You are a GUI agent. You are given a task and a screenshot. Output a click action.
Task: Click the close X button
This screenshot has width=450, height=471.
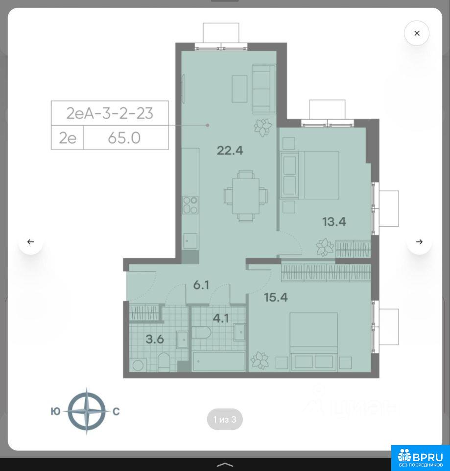[416, 33]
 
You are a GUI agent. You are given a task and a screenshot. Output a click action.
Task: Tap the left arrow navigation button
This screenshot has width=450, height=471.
[30, 241]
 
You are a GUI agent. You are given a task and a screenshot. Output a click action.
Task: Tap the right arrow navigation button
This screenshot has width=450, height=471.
[419, 241]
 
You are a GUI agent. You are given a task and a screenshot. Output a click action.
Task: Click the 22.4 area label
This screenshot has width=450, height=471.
[230, 150]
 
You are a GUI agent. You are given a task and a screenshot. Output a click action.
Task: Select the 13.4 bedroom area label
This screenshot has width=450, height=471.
[334, 222]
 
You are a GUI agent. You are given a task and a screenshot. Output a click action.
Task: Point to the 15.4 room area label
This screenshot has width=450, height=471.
[276, 297]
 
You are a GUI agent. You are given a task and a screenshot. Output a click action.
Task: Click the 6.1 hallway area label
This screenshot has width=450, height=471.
[201, 285]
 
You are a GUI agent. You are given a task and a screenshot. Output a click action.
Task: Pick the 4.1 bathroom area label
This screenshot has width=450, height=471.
[221, 318]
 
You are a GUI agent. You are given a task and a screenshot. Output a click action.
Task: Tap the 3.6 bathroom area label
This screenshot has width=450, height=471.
[155, 339]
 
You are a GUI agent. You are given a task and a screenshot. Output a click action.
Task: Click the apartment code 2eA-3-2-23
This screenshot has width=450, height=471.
[110, 113]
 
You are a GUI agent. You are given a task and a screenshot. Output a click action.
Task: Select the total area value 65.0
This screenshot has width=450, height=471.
[124, 138]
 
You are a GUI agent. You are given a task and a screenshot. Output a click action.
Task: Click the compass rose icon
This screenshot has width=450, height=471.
[87, 411]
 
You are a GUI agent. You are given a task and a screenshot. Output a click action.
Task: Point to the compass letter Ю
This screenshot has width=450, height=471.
[55, 411]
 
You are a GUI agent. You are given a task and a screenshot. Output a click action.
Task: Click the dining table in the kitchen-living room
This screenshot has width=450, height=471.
[245, 196]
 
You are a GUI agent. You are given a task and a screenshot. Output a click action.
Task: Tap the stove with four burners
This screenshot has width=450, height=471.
[190, 205]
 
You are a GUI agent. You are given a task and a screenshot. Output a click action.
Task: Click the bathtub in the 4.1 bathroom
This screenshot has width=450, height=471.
[218, 362]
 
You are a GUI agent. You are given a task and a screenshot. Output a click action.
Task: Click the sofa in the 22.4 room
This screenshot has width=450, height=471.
[264, 89]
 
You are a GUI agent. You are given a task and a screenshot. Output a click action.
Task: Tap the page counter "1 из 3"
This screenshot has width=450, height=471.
[225, 419]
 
